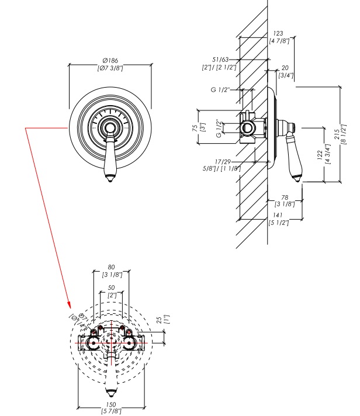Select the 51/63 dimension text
pos(220,60)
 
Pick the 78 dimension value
pos(285,197)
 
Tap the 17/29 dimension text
pos(221,161)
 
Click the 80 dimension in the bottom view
pos(112,268)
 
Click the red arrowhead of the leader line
pos(70,306)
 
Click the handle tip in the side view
pos(299,179)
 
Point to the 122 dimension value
pos(320,155)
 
